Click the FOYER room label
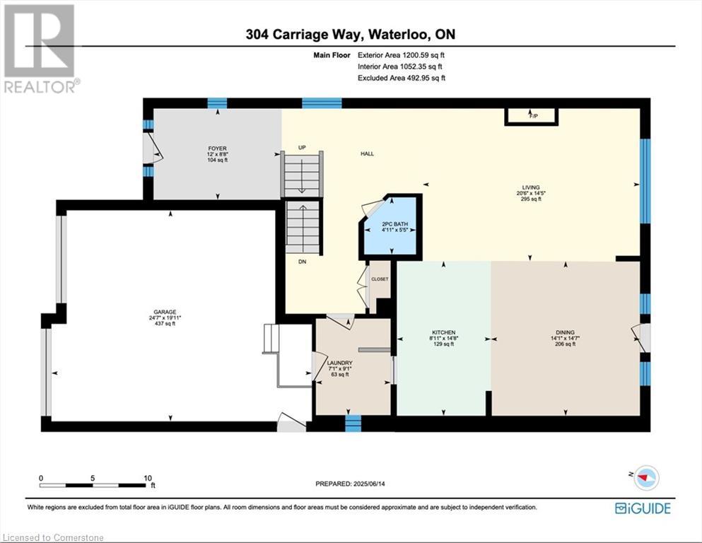218,148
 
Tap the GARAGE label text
165,312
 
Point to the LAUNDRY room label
340,363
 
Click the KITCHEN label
444,332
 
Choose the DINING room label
565,332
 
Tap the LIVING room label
531,187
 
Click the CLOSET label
380,279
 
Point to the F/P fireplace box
531,117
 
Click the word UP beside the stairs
302,148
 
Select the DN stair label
302,262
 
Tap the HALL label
367,154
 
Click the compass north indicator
645,477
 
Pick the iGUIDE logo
643,508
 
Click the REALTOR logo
40,48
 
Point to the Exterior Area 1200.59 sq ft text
401,55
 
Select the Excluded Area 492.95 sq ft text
402,78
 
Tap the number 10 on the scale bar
148,478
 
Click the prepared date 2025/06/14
369,484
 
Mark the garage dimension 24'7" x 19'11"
165,318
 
